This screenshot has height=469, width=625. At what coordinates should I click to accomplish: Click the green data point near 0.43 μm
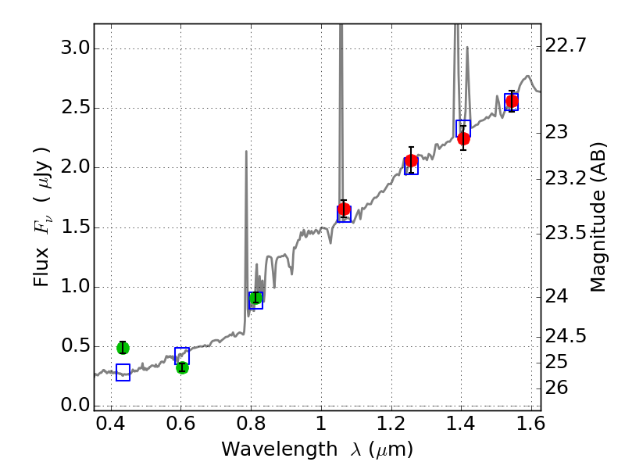pyautogui.click(x=123, y=348)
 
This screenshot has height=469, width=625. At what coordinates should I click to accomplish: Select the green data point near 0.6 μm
pyautogui.click(x=182, y=367)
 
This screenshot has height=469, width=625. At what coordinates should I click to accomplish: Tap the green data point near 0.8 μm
pyautogui.click(x=255, y=297)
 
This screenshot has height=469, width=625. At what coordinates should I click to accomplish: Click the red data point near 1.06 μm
pyautogui.click(x=344, y=209)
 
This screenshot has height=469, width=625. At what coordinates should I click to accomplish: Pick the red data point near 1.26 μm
pyautogui.click(x=412, y=161)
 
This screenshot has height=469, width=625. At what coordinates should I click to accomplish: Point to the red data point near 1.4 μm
pyautogui.click(x=463, y=138)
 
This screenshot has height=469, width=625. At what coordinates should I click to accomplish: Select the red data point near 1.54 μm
pyautogui.click(x=512, y=101)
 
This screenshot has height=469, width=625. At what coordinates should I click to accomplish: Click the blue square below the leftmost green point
pyautogui.click(x=123, y=373)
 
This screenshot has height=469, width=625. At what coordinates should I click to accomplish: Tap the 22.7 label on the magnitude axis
pyautogui.click(x=565, y=45)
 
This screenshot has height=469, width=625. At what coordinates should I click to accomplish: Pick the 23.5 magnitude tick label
pyautogui.click(x=565, y=233)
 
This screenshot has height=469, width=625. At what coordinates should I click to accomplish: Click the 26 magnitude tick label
pyautogui.click(x=559, y=388)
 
